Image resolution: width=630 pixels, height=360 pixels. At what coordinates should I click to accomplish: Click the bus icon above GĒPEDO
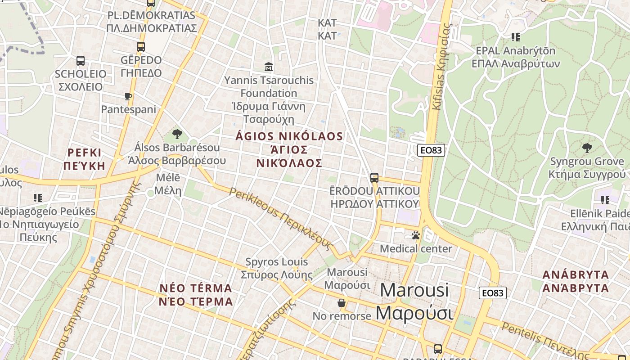pyautogui.click(x=141, y=46)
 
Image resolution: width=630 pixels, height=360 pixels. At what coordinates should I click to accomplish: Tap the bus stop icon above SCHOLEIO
pyautogui.click(x=81, y=60)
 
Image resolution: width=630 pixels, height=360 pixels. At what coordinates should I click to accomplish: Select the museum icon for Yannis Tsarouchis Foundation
pyautogui.click(x=269, y=67)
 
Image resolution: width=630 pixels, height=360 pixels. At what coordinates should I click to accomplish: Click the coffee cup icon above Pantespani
pyautogui.click(x=128, y=96)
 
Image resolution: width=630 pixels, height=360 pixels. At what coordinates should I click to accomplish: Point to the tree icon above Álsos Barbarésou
pyautogui.click(x=177, y=134)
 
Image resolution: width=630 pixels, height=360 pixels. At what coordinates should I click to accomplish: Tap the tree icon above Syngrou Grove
pyautogui.click(x=587, y=148)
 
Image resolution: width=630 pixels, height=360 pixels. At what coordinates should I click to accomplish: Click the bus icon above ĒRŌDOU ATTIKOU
pyautogui.click(x=374, y=177)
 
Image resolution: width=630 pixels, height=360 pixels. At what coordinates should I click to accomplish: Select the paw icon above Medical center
pyautogui.click(x=415, y=235)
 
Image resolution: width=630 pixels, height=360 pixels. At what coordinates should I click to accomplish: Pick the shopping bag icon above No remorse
pyautogui.click(x=342, y=303)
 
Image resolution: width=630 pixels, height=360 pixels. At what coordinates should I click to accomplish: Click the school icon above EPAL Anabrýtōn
pyautogui.click(x=515, y=37)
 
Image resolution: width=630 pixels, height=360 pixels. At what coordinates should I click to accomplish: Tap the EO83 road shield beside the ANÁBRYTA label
pyautogui.click(x=492, y=293)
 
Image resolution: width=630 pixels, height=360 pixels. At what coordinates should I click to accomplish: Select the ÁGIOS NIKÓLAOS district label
pyautogui.click(x=289, y=149)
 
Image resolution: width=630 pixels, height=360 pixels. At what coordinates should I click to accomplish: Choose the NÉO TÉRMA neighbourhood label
pyautogui.click(x=196, y=295)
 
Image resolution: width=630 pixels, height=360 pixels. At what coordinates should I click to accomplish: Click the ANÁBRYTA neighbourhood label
pyautogui.click(x=576, y=281)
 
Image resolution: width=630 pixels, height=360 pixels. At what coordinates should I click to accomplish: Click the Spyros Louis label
pyautogui.click(x=277, y=268)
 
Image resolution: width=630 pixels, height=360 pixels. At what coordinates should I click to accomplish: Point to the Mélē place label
pyautogui.click(x=168, y=184)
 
